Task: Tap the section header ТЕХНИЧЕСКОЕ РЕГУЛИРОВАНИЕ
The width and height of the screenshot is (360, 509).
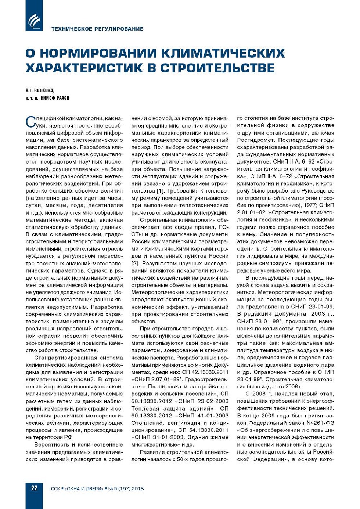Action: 97,29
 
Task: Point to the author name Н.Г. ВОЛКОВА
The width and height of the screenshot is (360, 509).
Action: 40,90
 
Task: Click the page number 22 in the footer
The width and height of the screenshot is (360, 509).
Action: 34,488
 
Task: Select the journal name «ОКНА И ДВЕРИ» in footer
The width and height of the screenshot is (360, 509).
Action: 84,489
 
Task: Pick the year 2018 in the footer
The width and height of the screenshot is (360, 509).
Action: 137,489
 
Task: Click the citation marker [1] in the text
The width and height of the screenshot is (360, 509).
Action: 161,191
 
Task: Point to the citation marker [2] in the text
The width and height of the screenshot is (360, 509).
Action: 135,263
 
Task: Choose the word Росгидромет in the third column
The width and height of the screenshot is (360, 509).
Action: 256,140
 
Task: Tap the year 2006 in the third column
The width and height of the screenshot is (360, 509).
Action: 292,387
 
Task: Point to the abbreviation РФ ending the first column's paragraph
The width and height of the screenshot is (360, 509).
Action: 69,437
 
